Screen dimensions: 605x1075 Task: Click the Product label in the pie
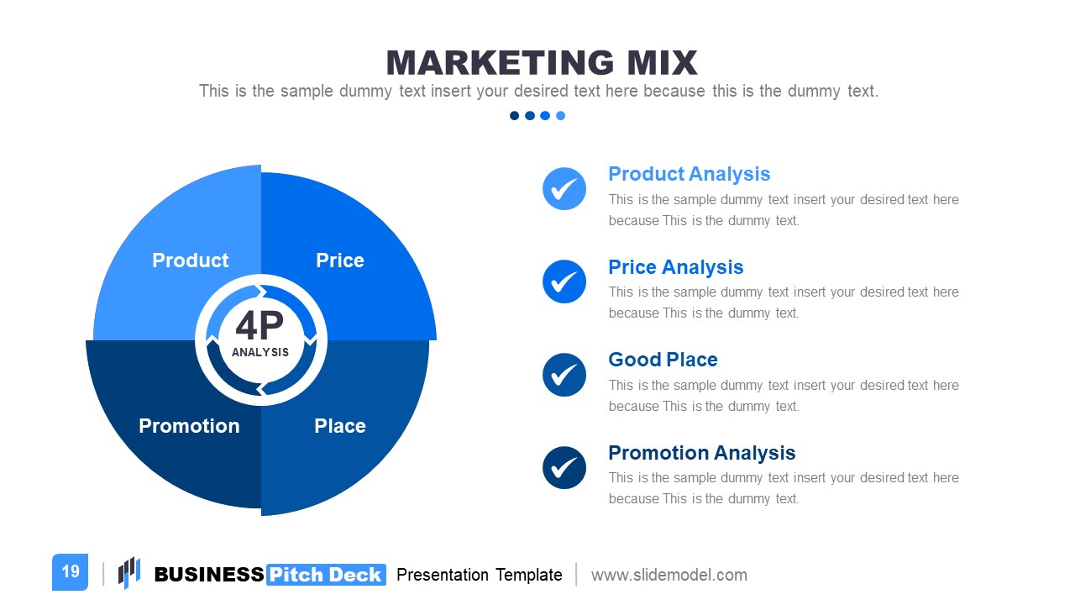point(190,260)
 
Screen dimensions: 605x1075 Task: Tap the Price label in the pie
point(340,260)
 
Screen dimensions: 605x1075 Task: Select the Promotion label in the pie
point(189,426)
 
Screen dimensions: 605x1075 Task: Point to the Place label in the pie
point(340,426)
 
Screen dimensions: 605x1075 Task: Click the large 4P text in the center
point(260,326)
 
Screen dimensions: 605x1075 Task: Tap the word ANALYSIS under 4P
point(260,353)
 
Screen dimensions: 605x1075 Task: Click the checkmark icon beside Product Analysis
point(564,188)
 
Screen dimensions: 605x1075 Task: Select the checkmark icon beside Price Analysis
point(564,281)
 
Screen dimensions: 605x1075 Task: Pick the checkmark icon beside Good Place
point(564,375)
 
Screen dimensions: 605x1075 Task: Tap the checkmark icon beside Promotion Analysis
point(564,467)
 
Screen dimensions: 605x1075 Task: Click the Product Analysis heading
point(689,174)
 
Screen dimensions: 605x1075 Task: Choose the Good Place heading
point(663,360)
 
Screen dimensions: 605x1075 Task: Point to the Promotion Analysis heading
point(701,453)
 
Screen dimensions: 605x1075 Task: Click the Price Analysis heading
point(675,267)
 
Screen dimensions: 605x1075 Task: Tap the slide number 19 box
point(70,572)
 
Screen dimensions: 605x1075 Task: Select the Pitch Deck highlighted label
point(326,575)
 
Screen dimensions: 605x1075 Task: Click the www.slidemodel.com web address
point(669,575)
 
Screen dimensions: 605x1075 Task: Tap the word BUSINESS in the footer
point(209,575)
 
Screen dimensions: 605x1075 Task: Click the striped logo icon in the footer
point(128,572)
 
